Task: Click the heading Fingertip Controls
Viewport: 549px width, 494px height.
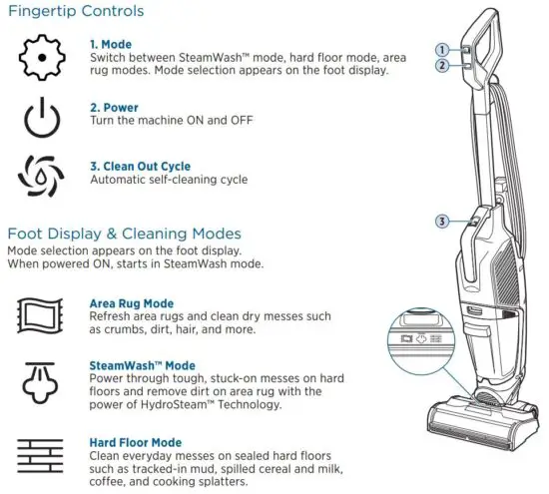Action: click(76, 12)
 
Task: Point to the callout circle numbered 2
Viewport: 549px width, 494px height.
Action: click(440, 66)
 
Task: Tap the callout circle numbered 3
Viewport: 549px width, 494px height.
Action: click(440, 221)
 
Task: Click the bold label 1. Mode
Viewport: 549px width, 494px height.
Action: click(112, 43)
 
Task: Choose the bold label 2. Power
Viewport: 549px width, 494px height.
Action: click(115, 106)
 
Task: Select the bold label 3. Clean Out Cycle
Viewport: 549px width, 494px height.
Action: click(140, 166)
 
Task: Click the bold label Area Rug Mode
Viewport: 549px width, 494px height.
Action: click(131, 303)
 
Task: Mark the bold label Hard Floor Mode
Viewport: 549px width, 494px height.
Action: click(135, 442)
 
